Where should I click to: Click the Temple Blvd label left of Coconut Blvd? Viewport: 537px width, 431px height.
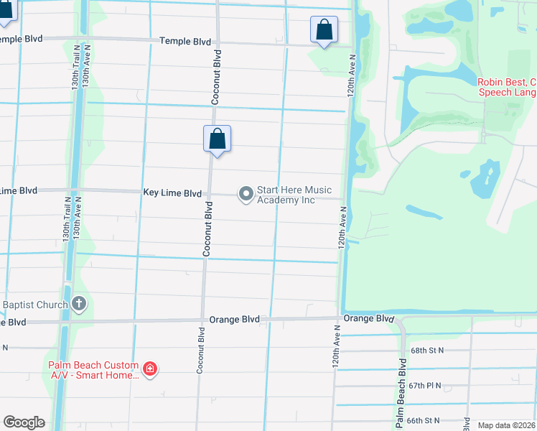185,42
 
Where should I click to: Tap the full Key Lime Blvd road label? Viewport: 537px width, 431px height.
172,193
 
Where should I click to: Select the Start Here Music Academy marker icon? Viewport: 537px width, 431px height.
246,194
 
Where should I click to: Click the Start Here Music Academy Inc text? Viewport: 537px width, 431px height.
294,195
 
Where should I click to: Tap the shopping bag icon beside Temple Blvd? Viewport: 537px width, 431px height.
324,31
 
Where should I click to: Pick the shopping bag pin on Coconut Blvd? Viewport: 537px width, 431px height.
217,139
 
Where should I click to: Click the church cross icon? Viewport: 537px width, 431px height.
78,305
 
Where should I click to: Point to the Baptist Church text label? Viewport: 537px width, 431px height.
34,305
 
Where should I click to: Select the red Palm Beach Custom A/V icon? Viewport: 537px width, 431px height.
150,369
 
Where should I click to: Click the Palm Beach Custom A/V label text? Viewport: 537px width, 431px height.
93,370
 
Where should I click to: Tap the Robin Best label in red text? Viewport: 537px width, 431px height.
508,88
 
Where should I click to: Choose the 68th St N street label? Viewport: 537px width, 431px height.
427,350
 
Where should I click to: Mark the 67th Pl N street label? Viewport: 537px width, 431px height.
427,386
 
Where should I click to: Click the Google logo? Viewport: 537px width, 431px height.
24,422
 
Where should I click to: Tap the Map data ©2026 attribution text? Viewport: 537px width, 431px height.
507,425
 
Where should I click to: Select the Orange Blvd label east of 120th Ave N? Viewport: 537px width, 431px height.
369,318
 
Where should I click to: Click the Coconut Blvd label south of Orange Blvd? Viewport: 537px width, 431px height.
201,350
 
